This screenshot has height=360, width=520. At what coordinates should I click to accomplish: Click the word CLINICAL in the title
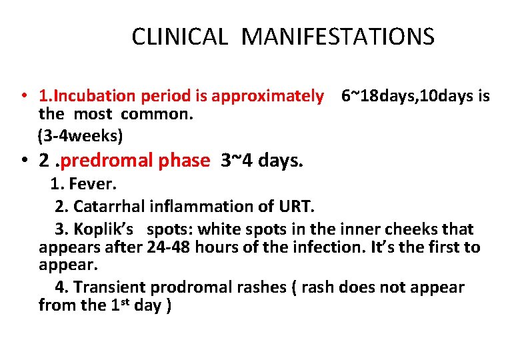coord(179,36)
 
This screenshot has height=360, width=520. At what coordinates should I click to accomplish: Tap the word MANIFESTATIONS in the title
coord(338,36)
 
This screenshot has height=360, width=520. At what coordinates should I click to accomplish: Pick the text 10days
coord(440,96)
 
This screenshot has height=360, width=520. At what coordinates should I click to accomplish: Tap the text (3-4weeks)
coord(81,136)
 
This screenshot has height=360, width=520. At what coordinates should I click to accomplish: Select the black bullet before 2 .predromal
coord(23,161)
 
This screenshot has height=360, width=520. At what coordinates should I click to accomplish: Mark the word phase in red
coord(185,161)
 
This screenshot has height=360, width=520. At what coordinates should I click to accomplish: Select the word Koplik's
coord(105,229)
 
